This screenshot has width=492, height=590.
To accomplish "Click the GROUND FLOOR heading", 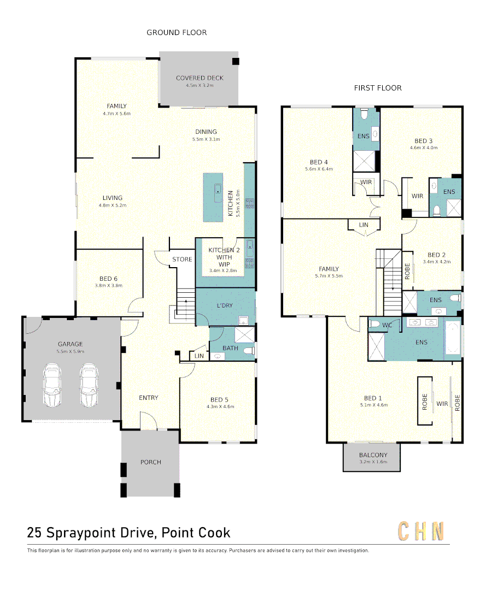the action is (x=177, y=33).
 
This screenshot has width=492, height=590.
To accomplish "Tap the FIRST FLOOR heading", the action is (x=378, y=88).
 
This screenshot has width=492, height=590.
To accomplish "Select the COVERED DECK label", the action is (x=200, y=78).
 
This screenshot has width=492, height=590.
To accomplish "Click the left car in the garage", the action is (x=52, y=385).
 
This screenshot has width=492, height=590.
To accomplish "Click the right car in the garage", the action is (x=89, y=385).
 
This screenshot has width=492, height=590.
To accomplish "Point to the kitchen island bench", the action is (x=213, y=197).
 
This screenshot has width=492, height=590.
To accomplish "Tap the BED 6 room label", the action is (x=108, y=279).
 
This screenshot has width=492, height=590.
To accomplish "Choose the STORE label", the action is (x=182, y=259).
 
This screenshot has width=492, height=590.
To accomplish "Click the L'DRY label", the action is (x=225, y=305).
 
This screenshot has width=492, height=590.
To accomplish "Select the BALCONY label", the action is (x=373, y=455).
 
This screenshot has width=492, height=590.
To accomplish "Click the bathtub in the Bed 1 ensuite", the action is (x=453, y=338).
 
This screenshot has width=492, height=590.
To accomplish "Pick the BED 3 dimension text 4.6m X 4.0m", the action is (x=424, y=148).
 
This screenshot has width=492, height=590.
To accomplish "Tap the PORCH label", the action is (x=150, y=462).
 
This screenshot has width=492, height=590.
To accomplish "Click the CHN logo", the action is (x=421, y=532).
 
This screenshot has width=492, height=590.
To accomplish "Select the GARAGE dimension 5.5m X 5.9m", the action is (x=71, y=351).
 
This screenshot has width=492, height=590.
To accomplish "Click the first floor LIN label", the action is (x=364, y=225).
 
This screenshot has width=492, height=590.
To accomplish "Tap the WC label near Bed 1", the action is (x=387, y=325).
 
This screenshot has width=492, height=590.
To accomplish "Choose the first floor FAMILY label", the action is (x=329, y=269).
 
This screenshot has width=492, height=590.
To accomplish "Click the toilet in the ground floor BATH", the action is (x=248, y=351).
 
